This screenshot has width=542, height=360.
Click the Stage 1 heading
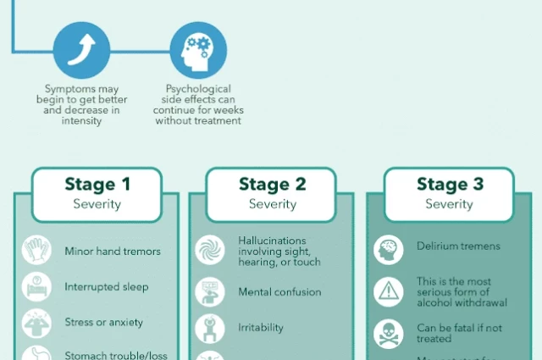coord(97,185)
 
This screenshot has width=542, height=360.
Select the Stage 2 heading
coord(272,185)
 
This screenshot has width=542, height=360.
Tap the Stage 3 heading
coord(449,185)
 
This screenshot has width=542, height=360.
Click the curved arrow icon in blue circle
coord(81,50)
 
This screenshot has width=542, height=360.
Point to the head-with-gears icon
coord(198,50)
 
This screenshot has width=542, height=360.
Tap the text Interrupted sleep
coord(107,287)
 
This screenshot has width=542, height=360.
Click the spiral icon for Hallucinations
coord(210,251)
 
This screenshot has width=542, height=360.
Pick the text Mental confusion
coord(279,292)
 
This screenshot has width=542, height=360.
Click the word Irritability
coord(261,328)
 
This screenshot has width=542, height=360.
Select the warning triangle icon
coord(388,291)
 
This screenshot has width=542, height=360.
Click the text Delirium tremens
coord(458,246)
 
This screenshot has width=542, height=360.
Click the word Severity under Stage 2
coord(272,204)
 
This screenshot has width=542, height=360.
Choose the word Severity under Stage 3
coord(449,204)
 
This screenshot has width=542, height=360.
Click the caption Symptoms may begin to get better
coord(81,100)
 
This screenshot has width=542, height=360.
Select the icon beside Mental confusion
coord(210,292)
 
